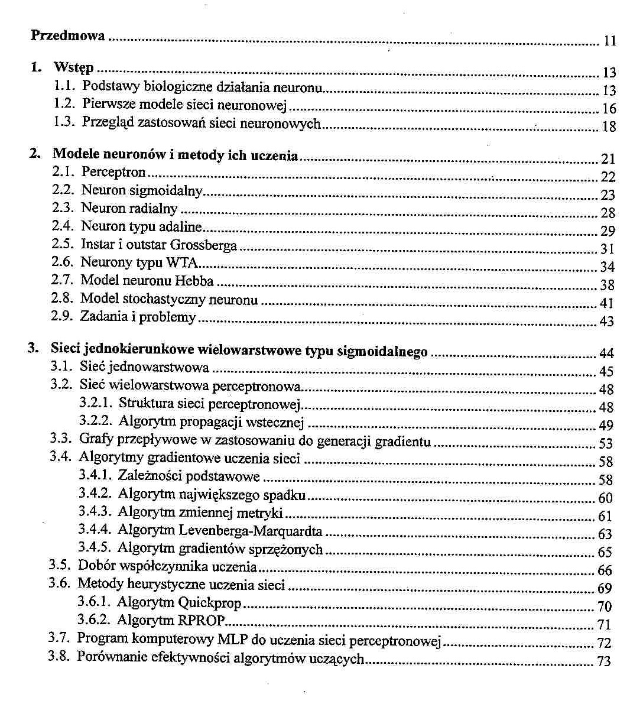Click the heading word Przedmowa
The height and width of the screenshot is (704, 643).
pyautogui.click(x=67, y=35)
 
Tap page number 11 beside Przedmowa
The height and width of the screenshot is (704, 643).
pyautogui.click(x=610, y=41)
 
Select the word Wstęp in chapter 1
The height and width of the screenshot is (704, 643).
pyautogui.click(x=73, y=68)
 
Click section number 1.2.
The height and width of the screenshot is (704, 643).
pyautogui.click(x=63, y=105)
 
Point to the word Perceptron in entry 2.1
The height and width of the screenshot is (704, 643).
pyautogui.click(x=113, y=173)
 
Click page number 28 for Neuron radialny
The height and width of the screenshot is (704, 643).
pyautogui.click(x=608, y=213)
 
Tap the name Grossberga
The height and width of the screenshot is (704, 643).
pyautogui.click(x=203, y=245)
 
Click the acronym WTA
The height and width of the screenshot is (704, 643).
pyautogui.click(x=181, y=262)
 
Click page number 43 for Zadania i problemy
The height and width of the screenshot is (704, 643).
pyautogui.click(x=607, y=322)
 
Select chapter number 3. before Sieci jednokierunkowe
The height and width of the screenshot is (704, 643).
pyautogui.click(x=34, y=349)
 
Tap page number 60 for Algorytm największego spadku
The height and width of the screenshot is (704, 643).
pyautogui.click(x=606, y=498)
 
